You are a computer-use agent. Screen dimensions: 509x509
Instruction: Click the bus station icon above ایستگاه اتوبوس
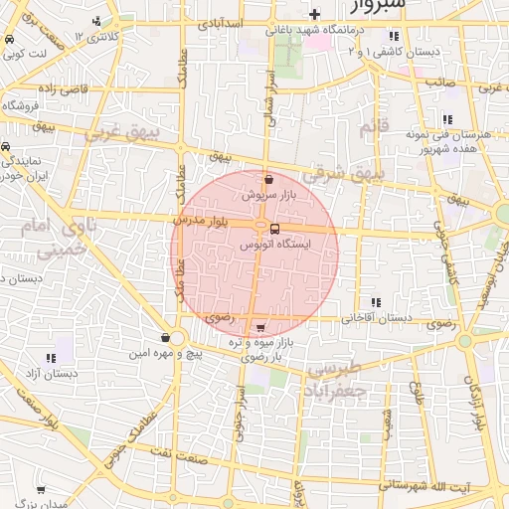pyautogui.click(x=274, y=229)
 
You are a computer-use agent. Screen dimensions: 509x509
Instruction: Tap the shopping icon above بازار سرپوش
pyautogui.click(x=269, y=180)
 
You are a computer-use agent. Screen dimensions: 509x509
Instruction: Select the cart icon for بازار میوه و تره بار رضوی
pyautogui.click(x=260, y=328)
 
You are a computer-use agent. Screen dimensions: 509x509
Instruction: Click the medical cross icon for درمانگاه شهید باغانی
pyautogui.click(x=315, y=14)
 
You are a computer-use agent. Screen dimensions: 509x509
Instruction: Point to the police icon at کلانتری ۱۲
pyautogui.click(x=95, y=21)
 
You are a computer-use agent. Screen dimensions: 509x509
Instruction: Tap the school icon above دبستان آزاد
pyautogui.click(x=50, y=358)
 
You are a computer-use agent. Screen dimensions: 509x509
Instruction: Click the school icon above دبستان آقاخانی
pyautogui.click(x=376, y=302)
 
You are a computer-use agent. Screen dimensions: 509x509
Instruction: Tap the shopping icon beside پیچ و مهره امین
pyautogui.click(x=165, y=338)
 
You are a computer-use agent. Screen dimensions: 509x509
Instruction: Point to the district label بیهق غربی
pyautogui.click(x=115, y=131)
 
